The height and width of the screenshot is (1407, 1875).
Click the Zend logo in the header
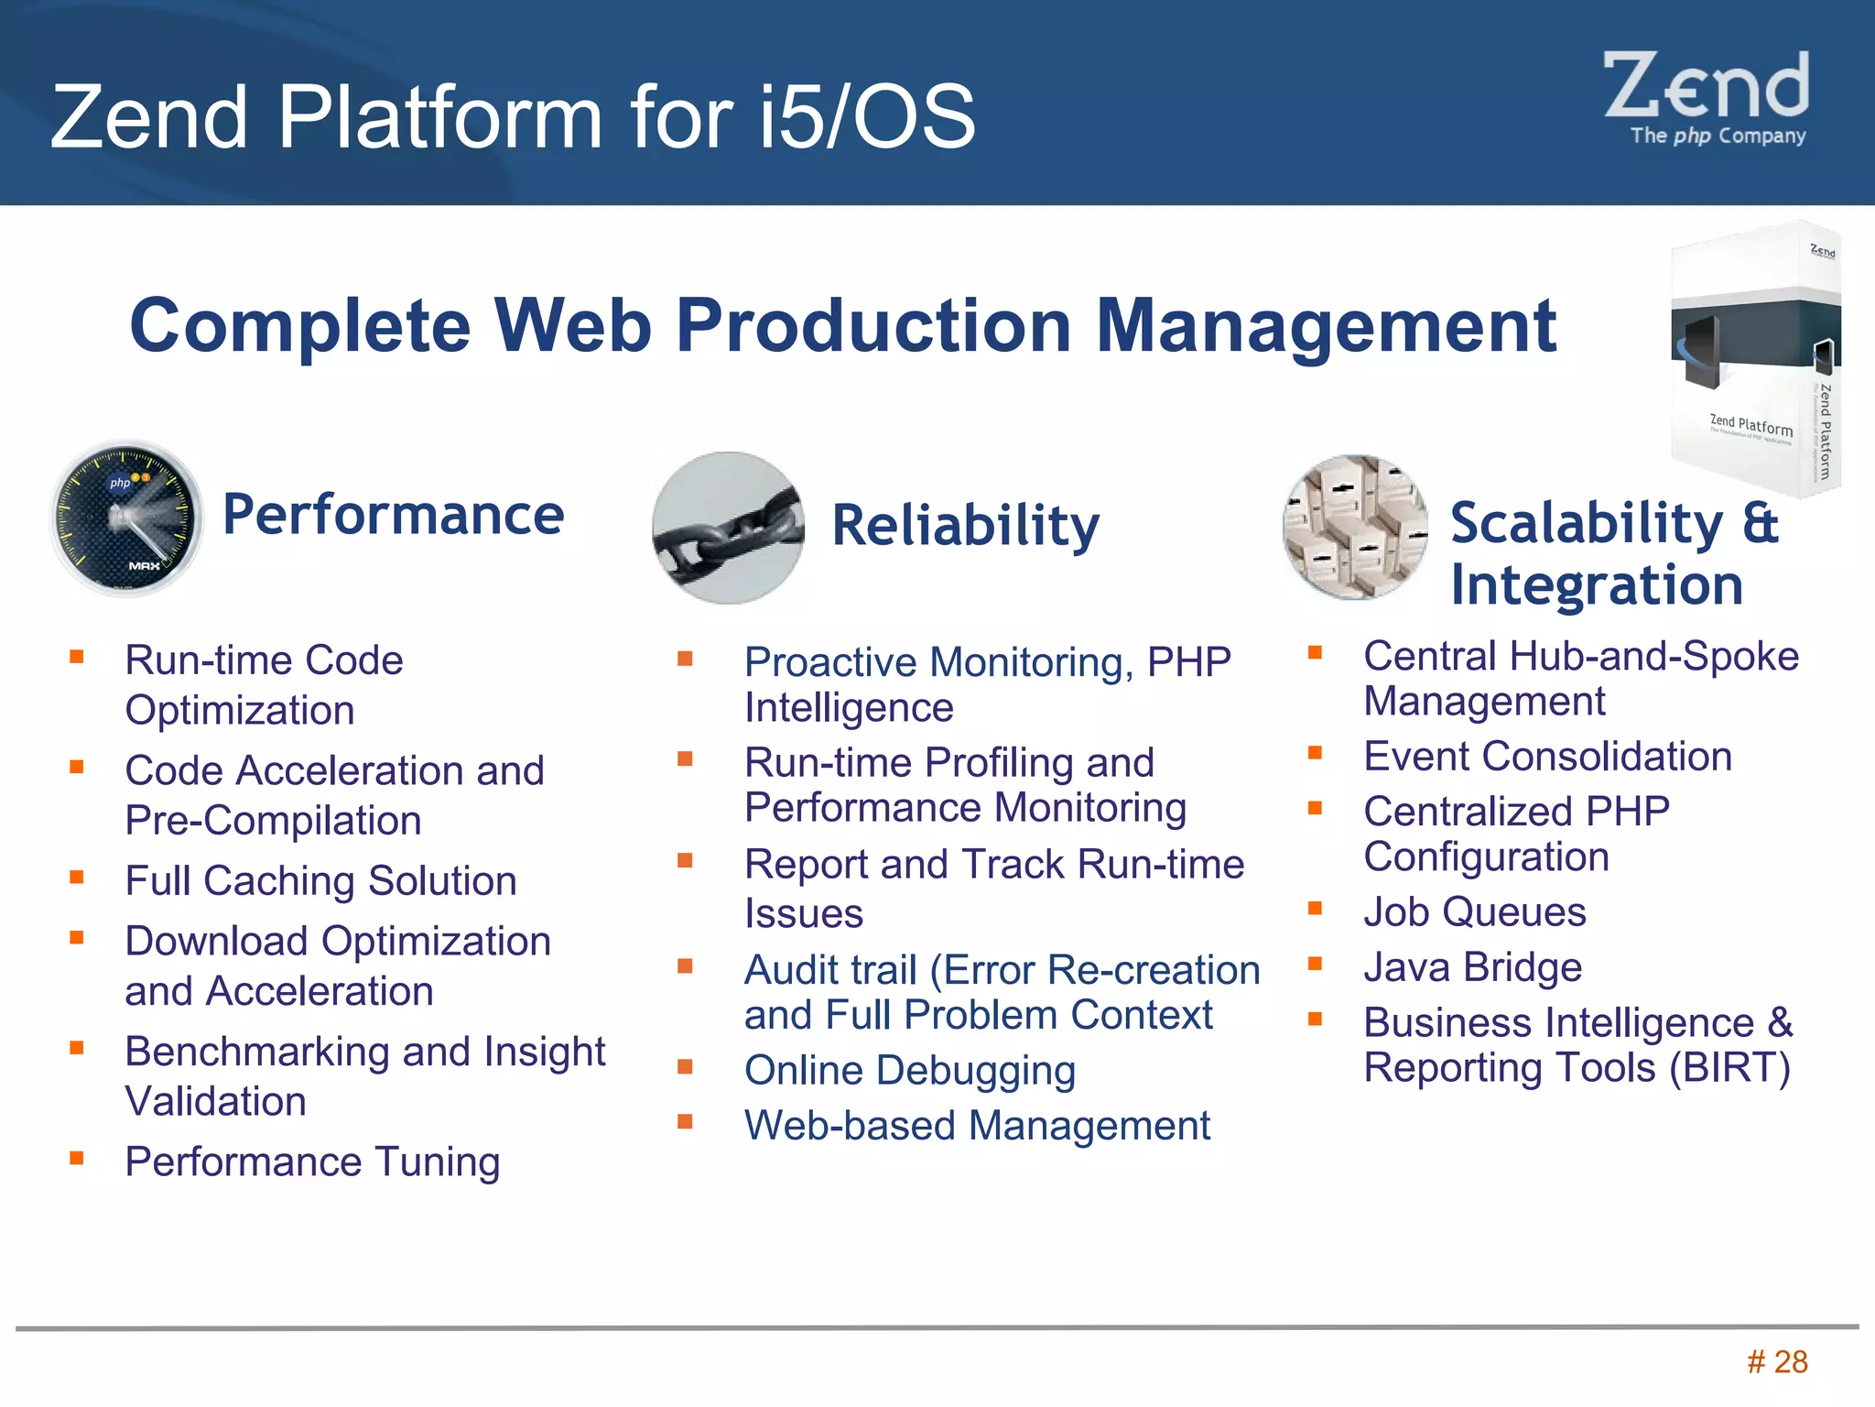1707,97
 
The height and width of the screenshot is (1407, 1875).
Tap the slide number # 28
1777,1362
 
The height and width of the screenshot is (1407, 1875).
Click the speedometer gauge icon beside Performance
126,518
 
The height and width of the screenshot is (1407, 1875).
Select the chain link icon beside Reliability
728,529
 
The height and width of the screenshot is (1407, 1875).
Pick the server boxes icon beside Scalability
1355,528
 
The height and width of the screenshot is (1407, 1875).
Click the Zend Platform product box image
1753,359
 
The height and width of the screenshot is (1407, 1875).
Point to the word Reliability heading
965,526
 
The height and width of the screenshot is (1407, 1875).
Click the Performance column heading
393,515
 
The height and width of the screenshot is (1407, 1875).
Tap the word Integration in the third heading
1597,584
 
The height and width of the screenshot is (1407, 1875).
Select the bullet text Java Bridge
1472,967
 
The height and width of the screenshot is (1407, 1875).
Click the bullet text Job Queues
1474,912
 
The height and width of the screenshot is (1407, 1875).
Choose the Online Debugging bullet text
909,1070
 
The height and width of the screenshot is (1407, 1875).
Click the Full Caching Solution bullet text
320,880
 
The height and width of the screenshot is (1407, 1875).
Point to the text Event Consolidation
1547,757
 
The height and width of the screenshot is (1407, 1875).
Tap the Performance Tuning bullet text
312,1162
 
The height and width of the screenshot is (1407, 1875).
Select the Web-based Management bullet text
977,1125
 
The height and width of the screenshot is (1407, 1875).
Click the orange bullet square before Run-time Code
77,656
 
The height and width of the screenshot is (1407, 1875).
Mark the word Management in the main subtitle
1326,326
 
